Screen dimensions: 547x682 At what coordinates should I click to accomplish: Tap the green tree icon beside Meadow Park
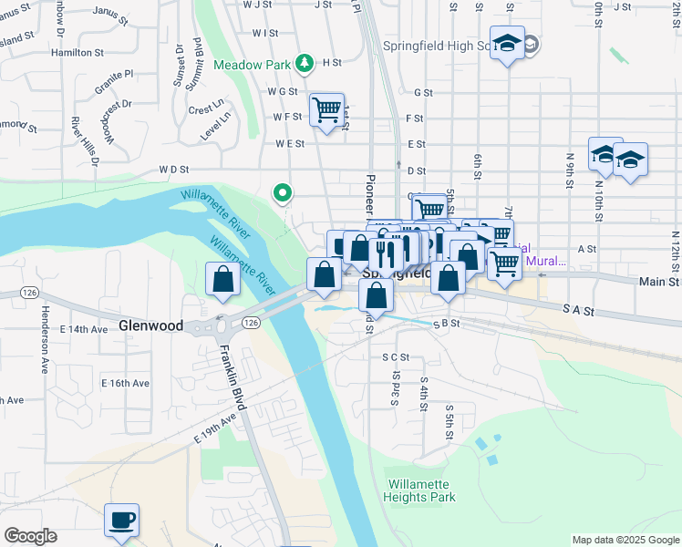point(304,64)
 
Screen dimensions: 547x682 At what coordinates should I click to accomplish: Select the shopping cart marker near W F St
point(326,110)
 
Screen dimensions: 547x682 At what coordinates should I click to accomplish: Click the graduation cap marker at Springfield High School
point(507,44)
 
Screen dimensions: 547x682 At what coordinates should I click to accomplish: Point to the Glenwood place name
point(150,325)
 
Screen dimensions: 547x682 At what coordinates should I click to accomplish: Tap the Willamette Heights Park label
point(420,491)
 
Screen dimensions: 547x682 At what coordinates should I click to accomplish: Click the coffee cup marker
point(121,521)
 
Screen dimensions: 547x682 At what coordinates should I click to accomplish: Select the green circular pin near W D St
point(283,192)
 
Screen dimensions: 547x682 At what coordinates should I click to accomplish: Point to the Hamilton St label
point(77,53)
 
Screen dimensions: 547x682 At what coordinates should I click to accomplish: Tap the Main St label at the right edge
point(660,283)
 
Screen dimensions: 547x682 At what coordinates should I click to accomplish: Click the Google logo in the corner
point(30,536)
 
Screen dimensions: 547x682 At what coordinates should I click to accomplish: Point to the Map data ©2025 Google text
point(624,540)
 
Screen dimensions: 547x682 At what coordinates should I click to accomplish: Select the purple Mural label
point(548,261)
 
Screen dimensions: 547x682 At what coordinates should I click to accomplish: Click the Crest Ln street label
point(206,109)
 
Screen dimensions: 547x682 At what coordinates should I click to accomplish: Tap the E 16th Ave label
point(125,383)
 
